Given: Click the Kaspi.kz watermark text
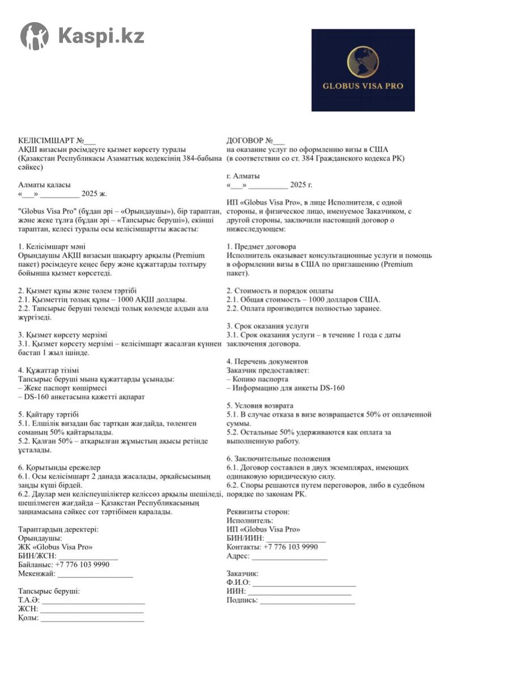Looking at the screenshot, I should click(101, 36).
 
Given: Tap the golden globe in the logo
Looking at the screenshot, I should click(363, 62).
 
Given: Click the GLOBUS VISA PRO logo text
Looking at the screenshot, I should click(363, 86).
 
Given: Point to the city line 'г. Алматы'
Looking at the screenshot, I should click(243, 176).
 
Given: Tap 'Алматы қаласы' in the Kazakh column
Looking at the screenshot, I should click(45, 185).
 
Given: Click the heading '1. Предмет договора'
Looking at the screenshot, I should click(261, 247).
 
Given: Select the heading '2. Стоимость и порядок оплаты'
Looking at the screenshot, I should click(280, 291).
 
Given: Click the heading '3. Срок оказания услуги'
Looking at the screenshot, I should click(267, 326).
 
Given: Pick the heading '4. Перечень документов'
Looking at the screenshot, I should click(267, 362).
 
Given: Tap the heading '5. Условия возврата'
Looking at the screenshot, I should click(260, 406).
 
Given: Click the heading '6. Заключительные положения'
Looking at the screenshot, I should click(278, 458).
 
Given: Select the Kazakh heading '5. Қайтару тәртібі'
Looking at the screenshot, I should click(48, 414).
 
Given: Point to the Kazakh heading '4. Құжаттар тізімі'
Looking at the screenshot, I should click(49, 371).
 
